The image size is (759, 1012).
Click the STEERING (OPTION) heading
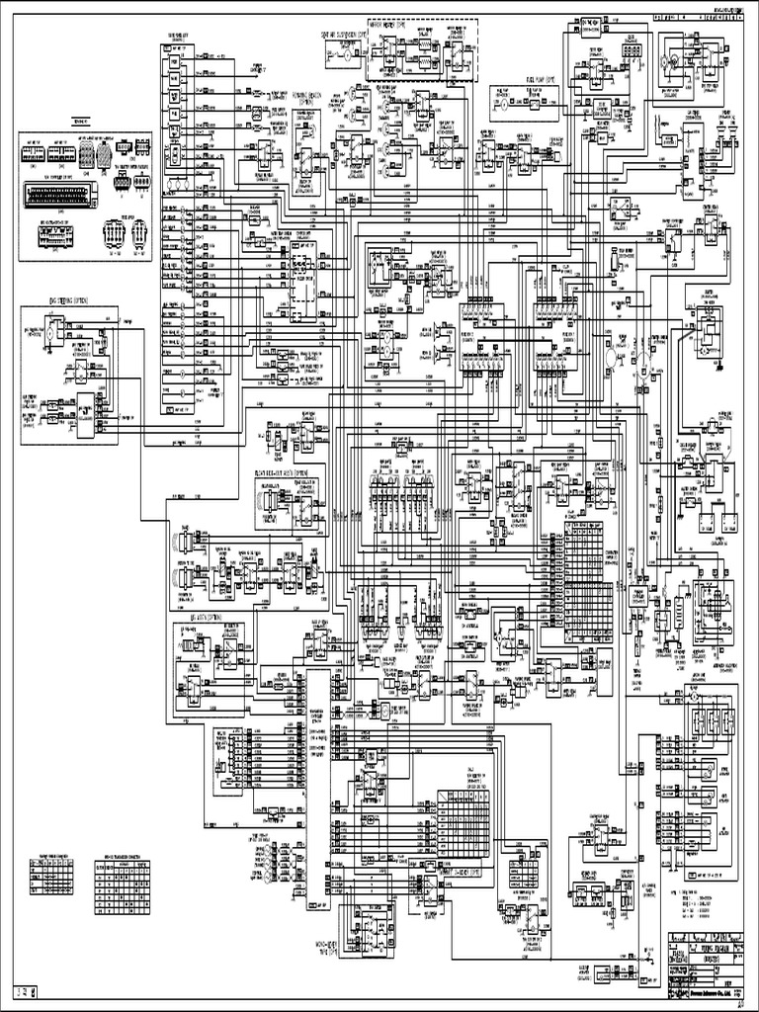tap(64, 296)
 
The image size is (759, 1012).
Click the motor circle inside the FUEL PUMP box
tap(500, 103)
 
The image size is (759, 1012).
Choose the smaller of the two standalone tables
tap(48, 876)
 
